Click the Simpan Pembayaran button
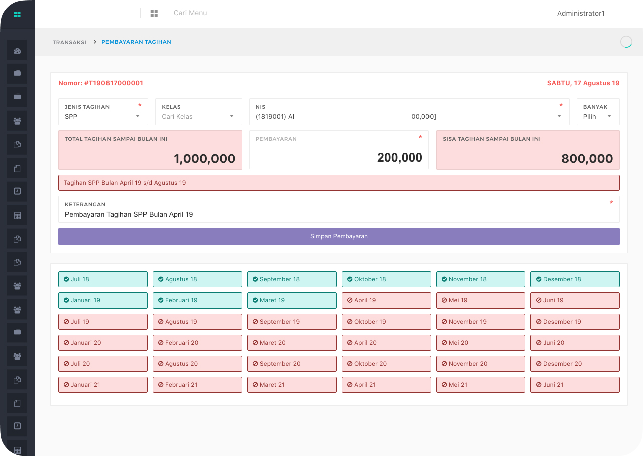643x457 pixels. coord(339,236)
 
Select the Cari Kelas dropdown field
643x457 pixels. coord(198,116)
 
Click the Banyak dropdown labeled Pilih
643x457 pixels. coord(597,116)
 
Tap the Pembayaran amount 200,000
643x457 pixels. coord(399,158)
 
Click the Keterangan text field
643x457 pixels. coord(339,214)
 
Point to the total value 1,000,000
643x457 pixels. coord(204,159)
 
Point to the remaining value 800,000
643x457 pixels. coord(587,159)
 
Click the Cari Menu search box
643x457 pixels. coord(190,13)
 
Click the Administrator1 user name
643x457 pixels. coord(581,13)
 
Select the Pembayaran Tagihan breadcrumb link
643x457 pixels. coord(136,42)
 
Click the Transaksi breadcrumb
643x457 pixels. coord(69,42)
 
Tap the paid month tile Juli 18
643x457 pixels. coord(103,279)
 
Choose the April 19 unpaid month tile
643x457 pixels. coord(386,300)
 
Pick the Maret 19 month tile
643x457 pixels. coord(291,300)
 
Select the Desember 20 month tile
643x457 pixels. coord(575,364)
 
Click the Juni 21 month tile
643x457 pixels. coord(575,385)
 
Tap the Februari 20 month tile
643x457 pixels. coord(197,343)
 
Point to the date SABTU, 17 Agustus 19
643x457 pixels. coord(583,83)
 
